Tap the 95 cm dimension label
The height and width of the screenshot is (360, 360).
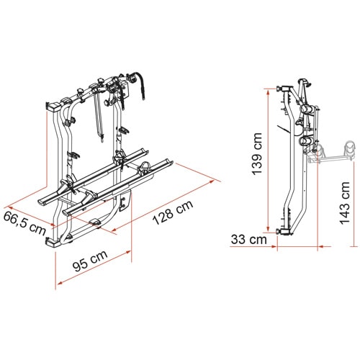(x=90, y=261)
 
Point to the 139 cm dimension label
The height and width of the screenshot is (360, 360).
(x=258, y=154)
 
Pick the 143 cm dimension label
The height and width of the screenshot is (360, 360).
(x=345, y=203)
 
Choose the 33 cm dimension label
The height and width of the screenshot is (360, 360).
(x=249, y=239)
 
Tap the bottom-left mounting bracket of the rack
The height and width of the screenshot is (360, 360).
(x=53, y=243)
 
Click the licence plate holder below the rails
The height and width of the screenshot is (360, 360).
(x=125, y=201)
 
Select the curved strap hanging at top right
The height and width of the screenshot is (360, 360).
(x=142, y=84)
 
